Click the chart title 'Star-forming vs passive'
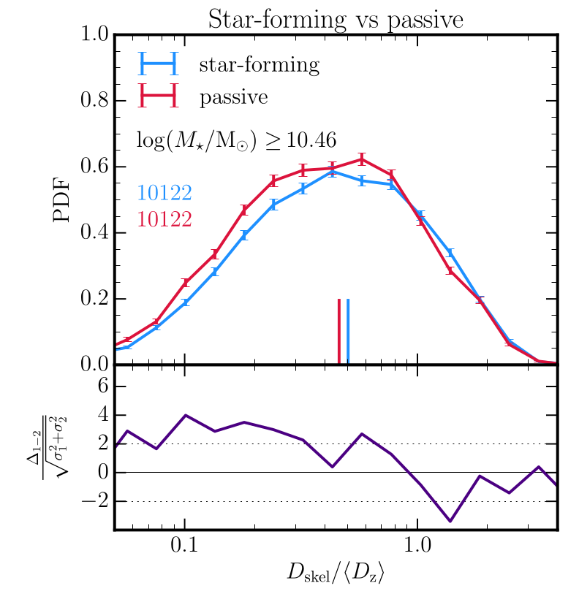point(336,20)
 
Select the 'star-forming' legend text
point(259,66)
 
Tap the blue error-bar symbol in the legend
point(159,65)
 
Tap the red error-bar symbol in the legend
point(159,97)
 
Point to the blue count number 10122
point(164,193)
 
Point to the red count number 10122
point(164,218)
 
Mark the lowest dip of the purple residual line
point(450,521)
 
